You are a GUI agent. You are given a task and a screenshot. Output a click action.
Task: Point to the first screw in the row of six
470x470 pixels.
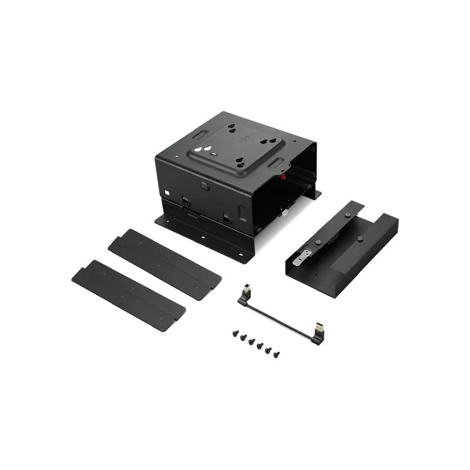click(236, 334)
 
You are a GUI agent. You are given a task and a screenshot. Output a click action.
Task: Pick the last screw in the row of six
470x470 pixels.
click(276, 355)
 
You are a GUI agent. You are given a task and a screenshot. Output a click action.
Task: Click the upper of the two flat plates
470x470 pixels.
click(164, 264)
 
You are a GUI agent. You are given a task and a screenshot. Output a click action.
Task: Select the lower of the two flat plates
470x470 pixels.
click(128, 295)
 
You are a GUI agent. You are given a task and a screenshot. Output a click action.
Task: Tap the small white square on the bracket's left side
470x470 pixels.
click(167, 192)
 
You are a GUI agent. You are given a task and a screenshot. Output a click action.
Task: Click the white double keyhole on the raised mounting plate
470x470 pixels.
click(203, 149)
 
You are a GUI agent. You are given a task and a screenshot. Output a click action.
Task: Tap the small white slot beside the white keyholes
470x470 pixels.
click(214, 153)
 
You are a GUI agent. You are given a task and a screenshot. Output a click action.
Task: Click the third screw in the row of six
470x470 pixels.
click(251, 341)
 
